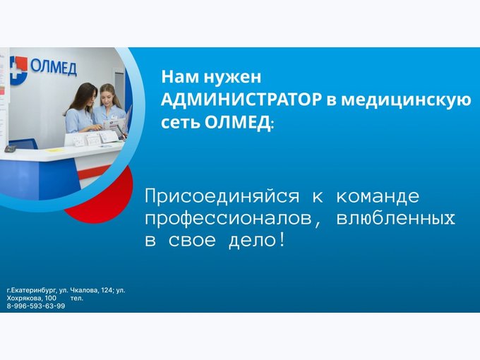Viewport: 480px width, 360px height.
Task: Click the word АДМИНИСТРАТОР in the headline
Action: [x=241, y=100]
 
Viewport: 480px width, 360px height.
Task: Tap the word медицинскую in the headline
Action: [x=406, y=100]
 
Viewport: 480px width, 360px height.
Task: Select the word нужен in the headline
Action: [x=232, y=77]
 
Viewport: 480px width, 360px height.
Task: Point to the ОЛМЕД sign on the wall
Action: [x=54, y=67]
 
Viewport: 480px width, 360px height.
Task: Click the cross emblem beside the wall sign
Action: [x=18, y=70]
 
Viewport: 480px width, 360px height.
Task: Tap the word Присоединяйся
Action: [x=222, y=196]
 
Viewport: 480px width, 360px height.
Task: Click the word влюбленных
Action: [x=395, y=219]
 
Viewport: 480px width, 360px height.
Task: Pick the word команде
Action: [x=378, y=196]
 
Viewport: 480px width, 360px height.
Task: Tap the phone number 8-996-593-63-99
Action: [x=36, y=306]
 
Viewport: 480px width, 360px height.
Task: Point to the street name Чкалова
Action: [x=85, y=290]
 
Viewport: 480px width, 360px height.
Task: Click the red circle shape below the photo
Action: [x=104, y=199]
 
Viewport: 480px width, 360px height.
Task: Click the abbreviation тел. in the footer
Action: [x=76, y=298]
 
